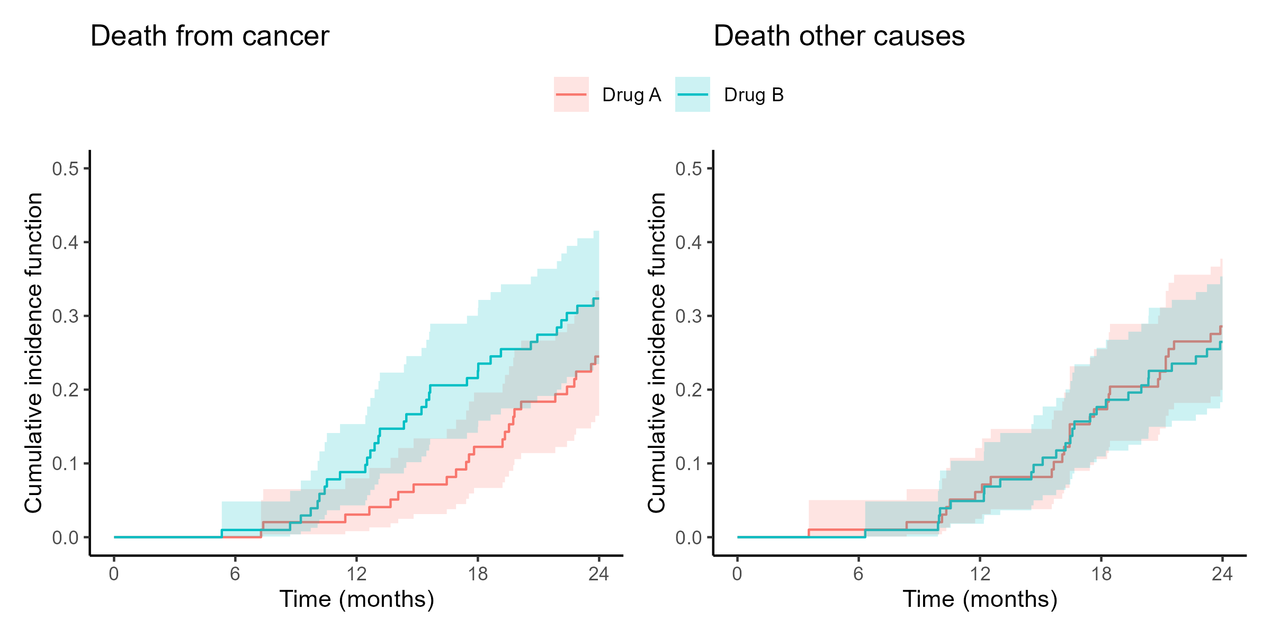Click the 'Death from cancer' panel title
(210, 37)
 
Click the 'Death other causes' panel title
(839, 37)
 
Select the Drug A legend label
(631, 95)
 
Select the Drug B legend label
(754, 95)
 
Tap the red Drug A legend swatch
(571, 94)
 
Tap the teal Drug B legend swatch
(692, 94)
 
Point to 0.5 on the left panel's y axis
(65, 169)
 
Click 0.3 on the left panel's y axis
(65, 316)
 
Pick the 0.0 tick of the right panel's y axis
(688, 538)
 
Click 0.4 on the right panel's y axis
(688, 243)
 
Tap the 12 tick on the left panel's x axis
(356, 574)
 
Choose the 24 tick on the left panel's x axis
(599, 574)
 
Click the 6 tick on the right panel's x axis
(858, 574)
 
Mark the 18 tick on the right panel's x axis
(1101, 574)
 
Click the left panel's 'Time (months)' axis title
(356, 599)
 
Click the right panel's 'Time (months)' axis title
(980, 599)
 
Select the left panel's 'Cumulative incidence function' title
(34, 352)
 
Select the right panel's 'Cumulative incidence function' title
(657, 352)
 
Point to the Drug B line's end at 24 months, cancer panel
(598, 299)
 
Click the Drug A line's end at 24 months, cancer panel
(598, 356)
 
